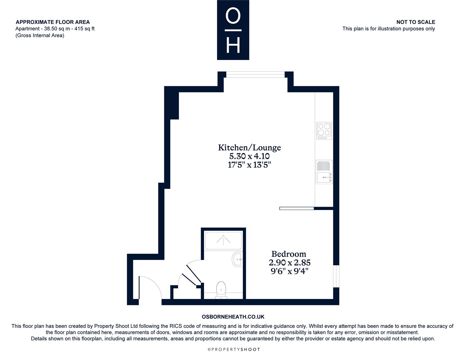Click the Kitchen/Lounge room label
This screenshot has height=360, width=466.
pyautogui.click(x=249, y=148)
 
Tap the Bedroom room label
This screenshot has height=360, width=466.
pyautogui.click(x=289, y=254)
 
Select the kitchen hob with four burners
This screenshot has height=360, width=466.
pyautogui.click(x=324, y=131)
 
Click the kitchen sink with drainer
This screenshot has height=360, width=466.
pyautogui.click(x=324, y=172)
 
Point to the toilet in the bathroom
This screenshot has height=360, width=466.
pyautogui.click(x=221, y=290)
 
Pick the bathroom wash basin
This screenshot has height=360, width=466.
pyautogui.click(x=237, y=259)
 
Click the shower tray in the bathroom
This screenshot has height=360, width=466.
pyautogui.click(x=223, y=241)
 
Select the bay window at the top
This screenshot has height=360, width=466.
pyautogui.click(x=255, y=74)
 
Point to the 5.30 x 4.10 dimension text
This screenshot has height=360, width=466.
pyautogui.click(x=249, y=156)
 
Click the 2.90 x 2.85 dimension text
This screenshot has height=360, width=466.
pyautogui.click(x=290, y=263)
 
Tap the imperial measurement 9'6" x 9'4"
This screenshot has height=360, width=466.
pyautogui.click(x=290, y=271)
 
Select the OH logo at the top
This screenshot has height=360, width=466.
pyautogui.click(x=233, y=30)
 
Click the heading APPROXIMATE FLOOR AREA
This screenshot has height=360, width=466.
pyautogui.click(x=53, y=22)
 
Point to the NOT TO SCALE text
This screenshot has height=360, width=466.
pyautogui.click(x=416, y=22)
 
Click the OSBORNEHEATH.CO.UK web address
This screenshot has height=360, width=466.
pyautogui.click(x=233, y=317)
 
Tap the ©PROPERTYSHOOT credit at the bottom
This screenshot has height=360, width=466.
pyautogui.click(x=234, y=349)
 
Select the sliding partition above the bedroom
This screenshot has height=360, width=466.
pyautogui.click(x=297, y=208)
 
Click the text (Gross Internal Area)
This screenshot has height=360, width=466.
pyautogui.click(x=40, y=35)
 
